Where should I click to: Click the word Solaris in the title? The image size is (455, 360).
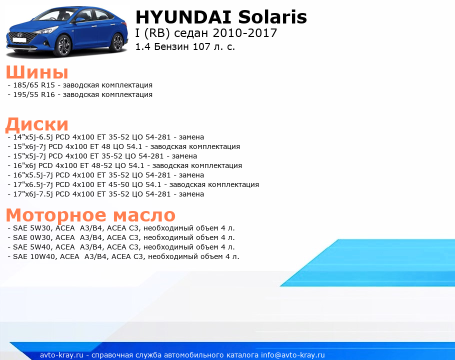272,17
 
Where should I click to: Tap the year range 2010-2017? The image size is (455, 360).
245,33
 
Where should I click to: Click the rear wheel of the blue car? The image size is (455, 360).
117,42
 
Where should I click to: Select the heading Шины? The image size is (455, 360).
37,72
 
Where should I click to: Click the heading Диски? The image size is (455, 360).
37,124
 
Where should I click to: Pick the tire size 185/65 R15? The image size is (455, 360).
34,85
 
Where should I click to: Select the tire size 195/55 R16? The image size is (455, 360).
34,94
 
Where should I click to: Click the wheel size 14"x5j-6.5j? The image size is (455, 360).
33,137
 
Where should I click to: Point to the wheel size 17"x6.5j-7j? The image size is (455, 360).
33,185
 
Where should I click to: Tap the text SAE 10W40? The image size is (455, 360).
31,256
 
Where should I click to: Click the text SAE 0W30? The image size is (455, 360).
29,237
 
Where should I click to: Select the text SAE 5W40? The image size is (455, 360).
29,247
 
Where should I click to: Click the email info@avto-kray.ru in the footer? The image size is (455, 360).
293,355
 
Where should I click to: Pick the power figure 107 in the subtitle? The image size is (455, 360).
201,46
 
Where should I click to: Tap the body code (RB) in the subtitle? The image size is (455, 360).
157,33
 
